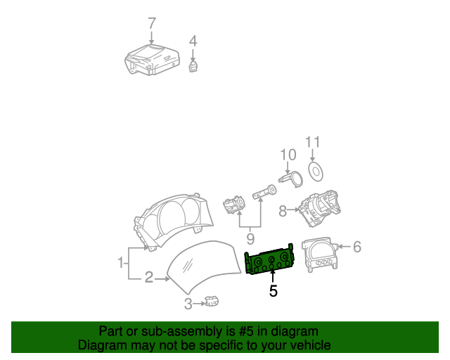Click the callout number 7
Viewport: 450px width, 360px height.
pos(152,23)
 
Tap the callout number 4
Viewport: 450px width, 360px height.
pos(193,41)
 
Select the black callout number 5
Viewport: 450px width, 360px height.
pos(274,291)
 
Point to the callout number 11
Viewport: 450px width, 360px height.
pos(312,142)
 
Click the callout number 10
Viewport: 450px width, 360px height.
pos(288,155)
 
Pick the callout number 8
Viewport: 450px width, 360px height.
pos(283,211)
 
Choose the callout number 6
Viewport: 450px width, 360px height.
pos(357,247)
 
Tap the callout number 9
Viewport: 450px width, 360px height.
pos(250,239)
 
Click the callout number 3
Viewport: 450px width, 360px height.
pos(188,304)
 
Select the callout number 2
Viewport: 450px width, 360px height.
pos(149,277)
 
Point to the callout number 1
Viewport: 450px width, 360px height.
pos(121,263)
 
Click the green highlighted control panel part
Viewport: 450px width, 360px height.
pos(269,260)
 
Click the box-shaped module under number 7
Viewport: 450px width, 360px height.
pos(152,60)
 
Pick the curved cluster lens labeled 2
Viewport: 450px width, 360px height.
pos(204,267)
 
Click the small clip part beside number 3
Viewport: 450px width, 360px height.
pos(212,301)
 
